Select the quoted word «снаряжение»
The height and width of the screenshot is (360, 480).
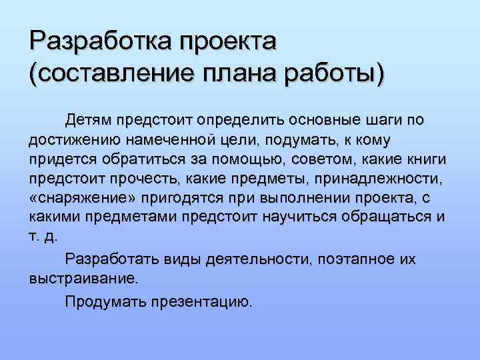point(77,200)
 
